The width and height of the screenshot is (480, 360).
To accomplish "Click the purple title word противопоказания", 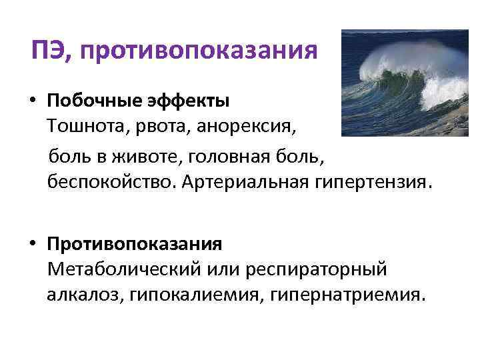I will pyautogui.click(x=199, y=51).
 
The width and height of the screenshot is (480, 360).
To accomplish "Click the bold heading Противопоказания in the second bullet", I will pyautogui.click(x=134, y=244).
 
